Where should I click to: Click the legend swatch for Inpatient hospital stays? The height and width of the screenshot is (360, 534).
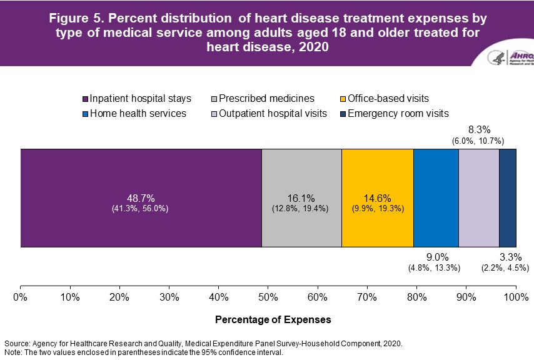[86, 99]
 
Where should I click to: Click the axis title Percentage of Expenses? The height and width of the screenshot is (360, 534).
[273, 319]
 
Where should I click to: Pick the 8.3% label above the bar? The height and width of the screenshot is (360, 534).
[478, 129]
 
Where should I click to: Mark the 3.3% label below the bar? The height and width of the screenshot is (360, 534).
[507, 257]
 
